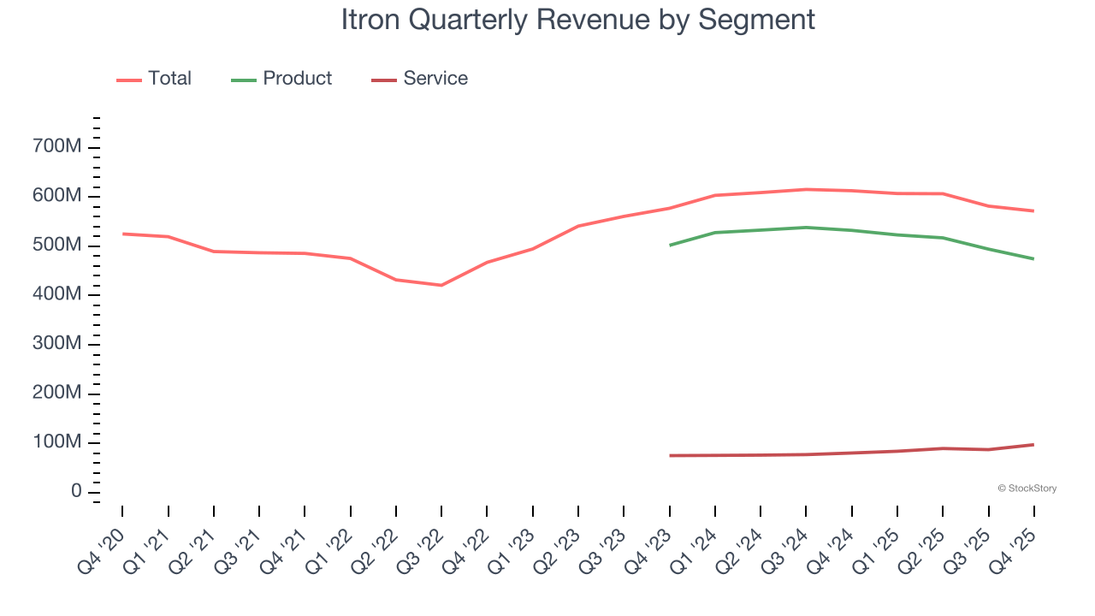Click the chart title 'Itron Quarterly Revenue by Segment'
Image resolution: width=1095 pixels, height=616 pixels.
pyautogui.click(x=577, y=19)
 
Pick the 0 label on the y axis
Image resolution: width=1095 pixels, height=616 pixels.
pyautogui.click(x=76, y=492)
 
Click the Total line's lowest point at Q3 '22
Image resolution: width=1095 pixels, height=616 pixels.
pyautogui.click(x=441, y=285)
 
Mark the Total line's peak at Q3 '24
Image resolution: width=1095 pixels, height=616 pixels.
pyautogui.click(x=806, y=189)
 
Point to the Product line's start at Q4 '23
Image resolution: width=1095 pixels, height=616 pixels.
pyautogui.click(x=670, y=245)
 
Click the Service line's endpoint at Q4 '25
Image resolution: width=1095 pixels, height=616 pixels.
pyautogui.click(x=1033, y=444)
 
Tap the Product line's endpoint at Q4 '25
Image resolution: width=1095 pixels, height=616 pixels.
pyautogui.click(x=1033, y=258)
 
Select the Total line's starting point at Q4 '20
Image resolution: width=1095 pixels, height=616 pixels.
pyautogui.click(x=122, y=234)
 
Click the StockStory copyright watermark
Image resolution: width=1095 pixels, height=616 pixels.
pyautogui.click(x=1027, y=489)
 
